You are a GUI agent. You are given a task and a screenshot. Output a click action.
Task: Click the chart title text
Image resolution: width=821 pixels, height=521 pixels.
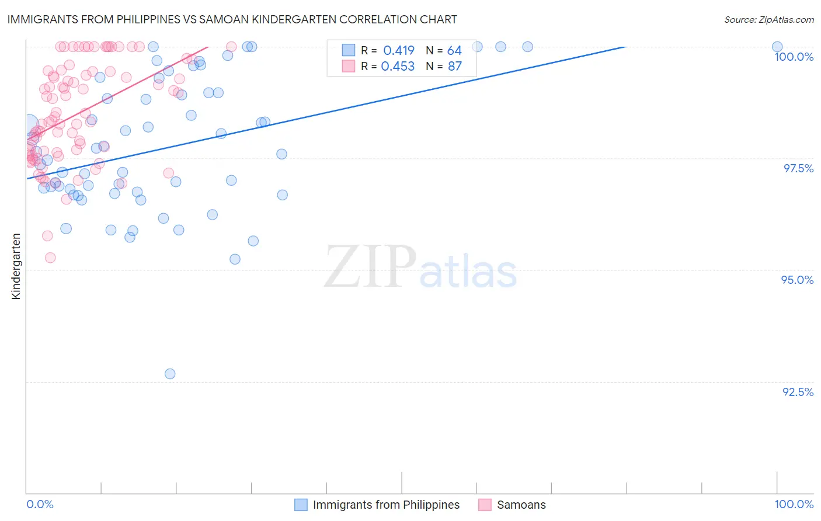(x=232, y=19)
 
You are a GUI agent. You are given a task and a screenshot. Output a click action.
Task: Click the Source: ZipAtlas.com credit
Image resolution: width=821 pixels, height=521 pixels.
(x=768, y=20)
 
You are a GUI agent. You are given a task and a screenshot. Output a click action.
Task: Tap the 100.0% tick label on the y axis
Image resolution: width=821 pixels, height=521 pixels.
(x=794, y=57)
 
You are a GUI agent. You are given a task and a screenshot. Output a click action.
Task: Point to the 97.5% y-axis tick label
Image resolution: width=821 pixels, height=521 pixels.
(x=798, y=168)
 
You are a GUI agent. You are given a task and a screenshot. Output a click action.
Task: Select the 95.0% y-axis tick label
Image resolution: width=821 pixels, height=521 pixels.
(x=797, y=280)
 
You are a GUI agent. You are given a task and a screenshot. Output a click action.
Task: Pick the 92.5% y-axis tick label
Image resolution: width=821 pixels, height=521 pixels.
(x=798, y=392)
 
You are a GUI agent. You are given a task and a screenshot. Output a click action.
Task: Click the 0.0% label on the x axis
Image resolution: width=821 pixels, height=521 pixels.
(x=40, y=504)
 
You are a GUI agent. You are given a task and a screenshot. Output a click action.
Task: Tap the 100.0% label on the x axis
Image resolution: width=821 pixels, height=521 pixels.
(x=794, y=504)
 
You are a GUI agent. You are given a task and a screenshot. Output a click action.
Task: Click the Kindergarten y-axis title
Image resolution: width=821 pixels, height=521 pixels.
(x=16, y=266)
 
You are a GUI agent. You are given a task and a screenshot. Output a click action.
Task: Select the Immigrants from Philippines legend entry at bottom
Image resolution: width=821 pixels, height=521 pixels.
(x=386, y=505)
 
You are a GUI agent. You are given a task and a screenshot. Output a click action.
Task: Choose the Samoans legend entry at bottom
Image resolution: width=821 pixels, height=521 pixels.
(x=521, y=505)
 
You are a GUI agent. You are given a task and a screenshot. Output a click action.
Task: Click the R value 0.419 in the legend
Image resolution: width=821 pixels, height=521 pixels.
(x=399, y=51)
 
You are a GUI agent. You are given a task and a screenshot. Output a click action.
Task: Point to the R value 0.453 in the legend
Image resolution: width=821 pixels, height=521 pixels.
(x=398, y=67)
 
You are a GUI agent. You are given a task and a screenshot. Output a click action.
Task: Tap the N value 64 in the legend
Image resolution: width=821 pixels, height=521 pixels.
(x=454, y=51)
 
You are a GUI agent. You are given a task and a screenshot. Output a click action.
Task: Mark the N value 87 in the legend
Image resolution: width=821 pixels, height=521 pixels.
(x=454, y=67)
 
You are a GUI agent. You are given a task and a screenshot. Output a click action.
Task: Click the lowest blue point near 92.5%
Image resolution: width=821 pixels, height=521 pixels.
(x=170, y=374)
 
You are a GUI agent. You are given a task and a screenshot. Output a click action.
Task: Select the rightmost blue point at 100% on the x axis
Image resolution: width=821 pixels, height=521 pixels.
(x=777, y=47)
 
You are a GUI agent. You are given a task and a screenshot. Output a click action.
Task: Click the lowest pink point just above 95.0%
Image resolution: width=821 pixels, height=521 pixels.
(x=50, y=258)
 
